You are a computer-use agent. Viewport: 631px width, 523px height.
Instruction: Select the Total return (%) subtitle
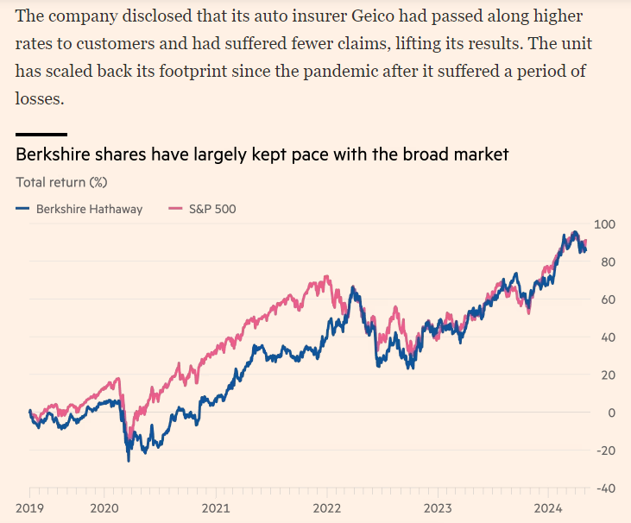(x=61, y=182)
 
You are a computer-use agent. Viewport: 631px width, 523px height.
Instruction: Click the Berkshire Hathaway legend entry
(x=79, y=208)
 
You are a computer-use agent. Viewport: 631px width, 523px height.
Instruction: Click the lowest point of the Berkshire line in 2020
(x=129, y=461)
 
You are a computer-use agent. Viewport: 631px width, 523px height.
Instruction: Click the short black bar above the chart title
(x=41, y=135)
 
